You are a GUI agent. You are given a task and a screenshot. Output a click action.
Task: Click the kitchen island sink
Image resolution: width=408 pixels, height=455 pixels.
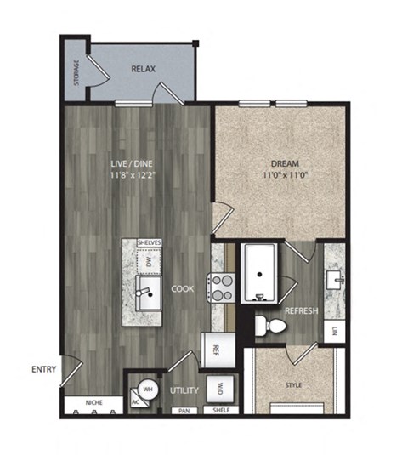(148, 294)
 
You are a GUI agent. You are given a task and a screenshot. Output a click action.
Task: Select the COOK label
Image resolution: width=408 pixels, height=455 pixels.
(183, 289)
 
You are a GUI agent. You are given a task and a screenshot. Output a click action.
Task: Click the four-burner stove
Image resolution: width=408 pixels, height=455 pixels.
(222, 287)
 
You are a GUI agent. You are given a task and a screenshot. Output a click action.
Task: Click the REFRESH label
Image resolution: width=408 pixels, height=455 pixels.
(301, 311)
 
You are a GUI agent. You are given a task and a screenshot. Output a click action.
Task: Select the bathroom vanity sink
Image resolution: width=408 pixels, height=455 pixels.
(336, 278)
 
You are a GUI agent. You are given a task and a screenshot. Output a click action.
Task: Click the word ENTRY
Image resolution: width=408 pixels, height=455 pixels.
(44, 369)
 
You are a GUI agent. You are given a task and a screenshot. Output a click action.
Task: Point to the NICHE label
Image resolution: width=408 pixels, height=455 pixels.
(95, 401)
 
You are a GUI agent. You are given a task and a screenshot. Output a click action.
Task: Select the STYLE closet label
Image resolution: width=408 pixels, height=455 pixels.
(293, 386)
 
